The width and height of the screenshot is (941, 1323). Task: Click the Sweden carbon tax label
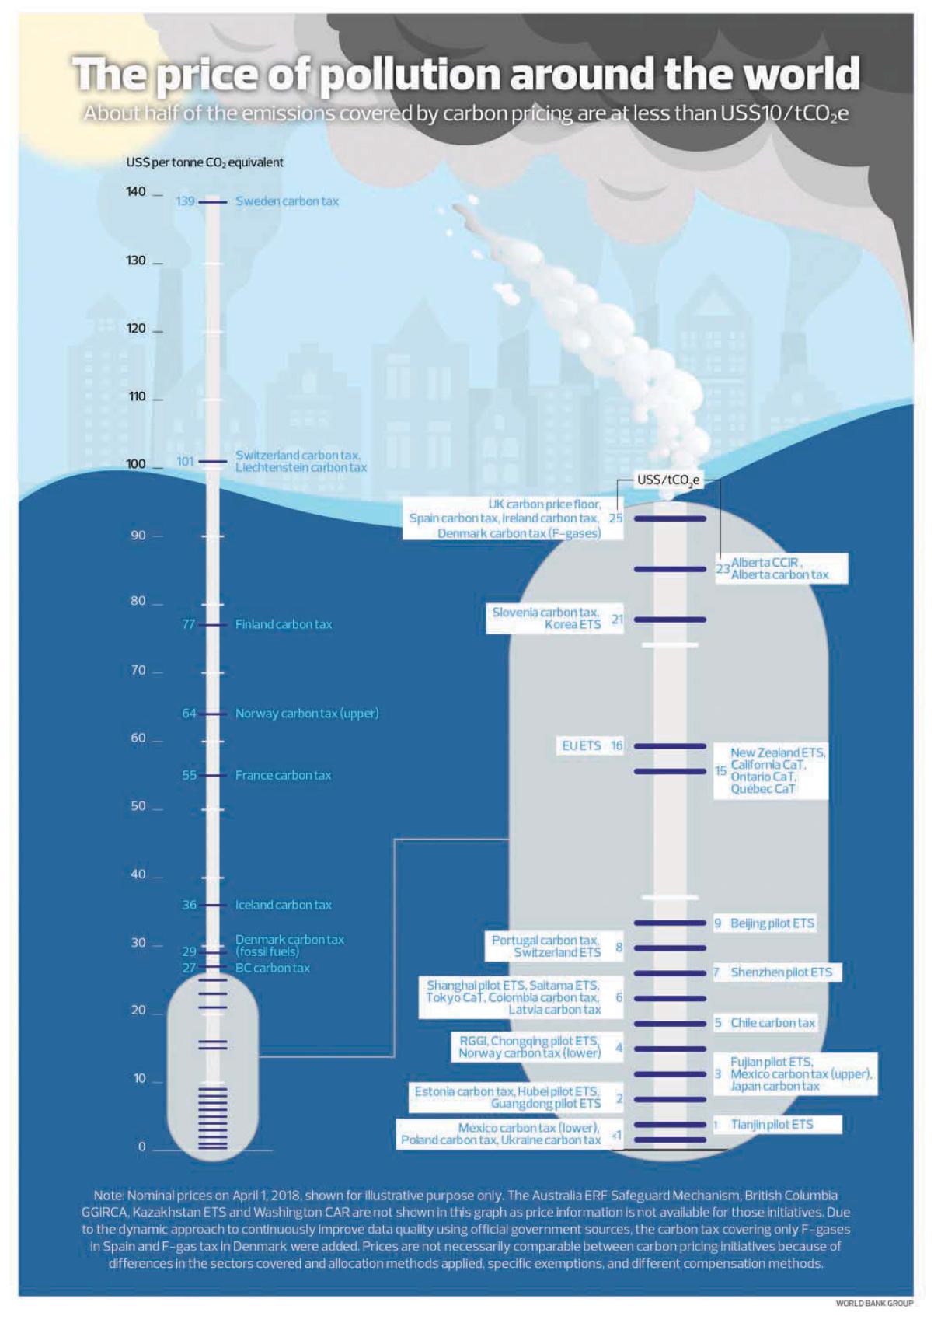[287, 201]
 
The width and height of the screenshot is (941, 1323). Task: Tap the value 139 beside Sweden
[185, 201]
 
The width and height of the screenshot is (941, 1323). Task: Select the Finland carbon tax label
[284, 624]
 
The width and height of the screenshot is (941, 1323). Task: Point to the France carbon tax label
[283, 775]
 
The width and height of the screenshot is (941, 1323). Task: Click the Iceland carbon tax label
[283, 905]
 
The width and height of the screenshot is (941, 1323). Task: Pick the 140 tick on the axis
[136, 192]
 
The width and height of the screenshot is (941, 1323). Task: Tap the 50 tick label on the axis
[138, 806]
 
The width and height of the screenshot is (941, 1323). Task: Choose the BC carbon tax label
[272, 968]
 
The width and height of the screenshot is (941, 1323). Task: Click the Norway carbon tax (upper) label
[307, 713]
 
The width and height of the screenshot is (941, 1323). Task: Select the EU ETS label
[581, 745]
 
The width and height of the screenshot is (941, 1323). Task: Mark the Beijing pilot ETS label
[772, 923]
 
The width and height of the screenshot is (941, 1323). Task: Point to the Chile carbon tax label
[772, 1022]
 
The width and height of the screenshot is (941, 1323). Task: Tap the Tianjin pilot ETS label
[772, 1124]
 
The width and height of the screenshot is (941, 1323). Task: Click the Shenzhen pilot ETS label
[781, 972]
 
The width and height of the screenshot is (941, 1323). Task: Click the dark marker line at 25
[670, 518]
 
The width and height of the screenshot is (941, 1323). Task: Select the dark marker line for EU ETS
[670, 746]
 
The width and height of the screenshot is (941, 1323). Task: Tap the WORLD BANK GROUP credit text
[874, 1304]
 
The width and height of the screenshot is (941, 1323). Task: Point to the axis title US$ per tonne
[204, 162]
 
